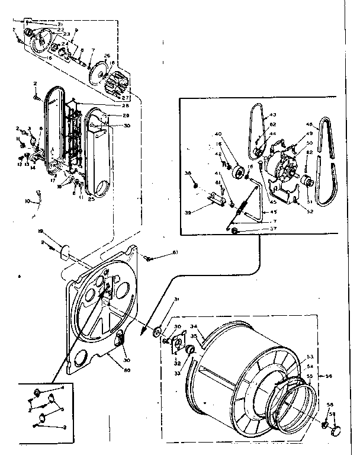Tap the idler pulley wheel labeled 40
(x=240, y=173)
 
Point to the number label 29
(x=126, y=115)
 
